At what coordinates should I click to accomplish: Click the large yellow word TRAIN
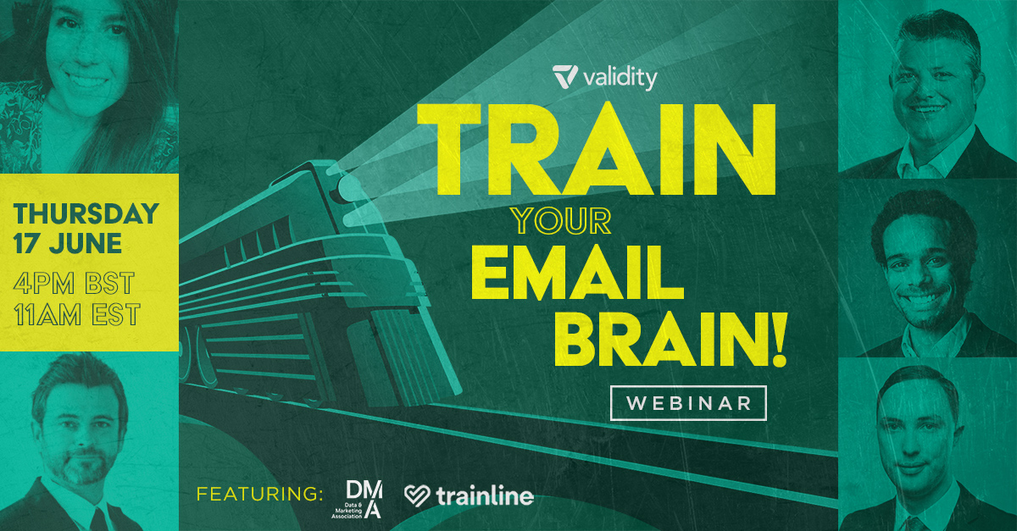pos(583,151)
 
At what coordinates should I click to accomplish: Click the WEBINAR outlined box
pos(688,402)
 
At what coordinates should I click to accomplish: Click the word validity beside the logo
pos(620,79)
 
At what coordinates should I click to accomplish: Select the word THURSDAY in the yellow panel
pos(86,213)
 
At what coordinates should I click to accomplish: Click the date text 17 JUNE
pos(68,245)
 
